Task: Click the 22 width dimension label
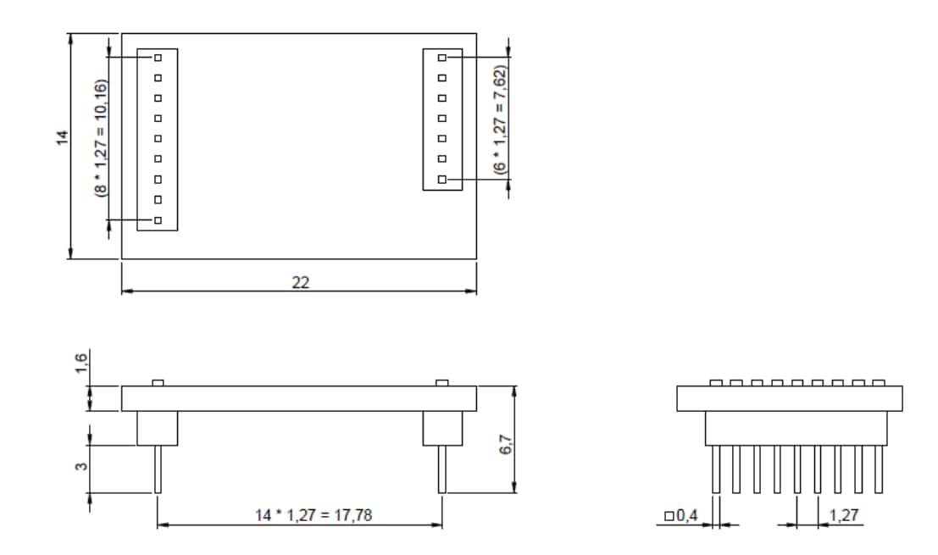point(300,283)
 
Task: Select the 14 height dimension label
point(62,138)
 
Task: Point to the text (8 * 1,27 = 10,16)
point(101,138)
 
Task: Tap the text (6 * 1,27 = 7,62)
point(500,119)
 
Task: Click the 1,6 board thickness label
point(81,364)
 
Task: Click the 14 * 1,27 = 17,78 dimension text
point(300,515)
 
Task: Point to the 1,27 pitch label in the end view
point(842,515)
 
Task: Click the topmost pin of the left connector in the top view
point(158,58)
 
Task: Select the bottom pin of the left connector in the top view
point(158,220)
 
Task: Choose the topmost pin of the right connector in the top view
point(442,58)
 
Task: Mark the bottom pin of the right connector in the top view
point(442,180)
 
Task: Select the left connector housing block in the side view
point(158,429)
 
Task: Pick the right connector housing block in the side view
point(442,429)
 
